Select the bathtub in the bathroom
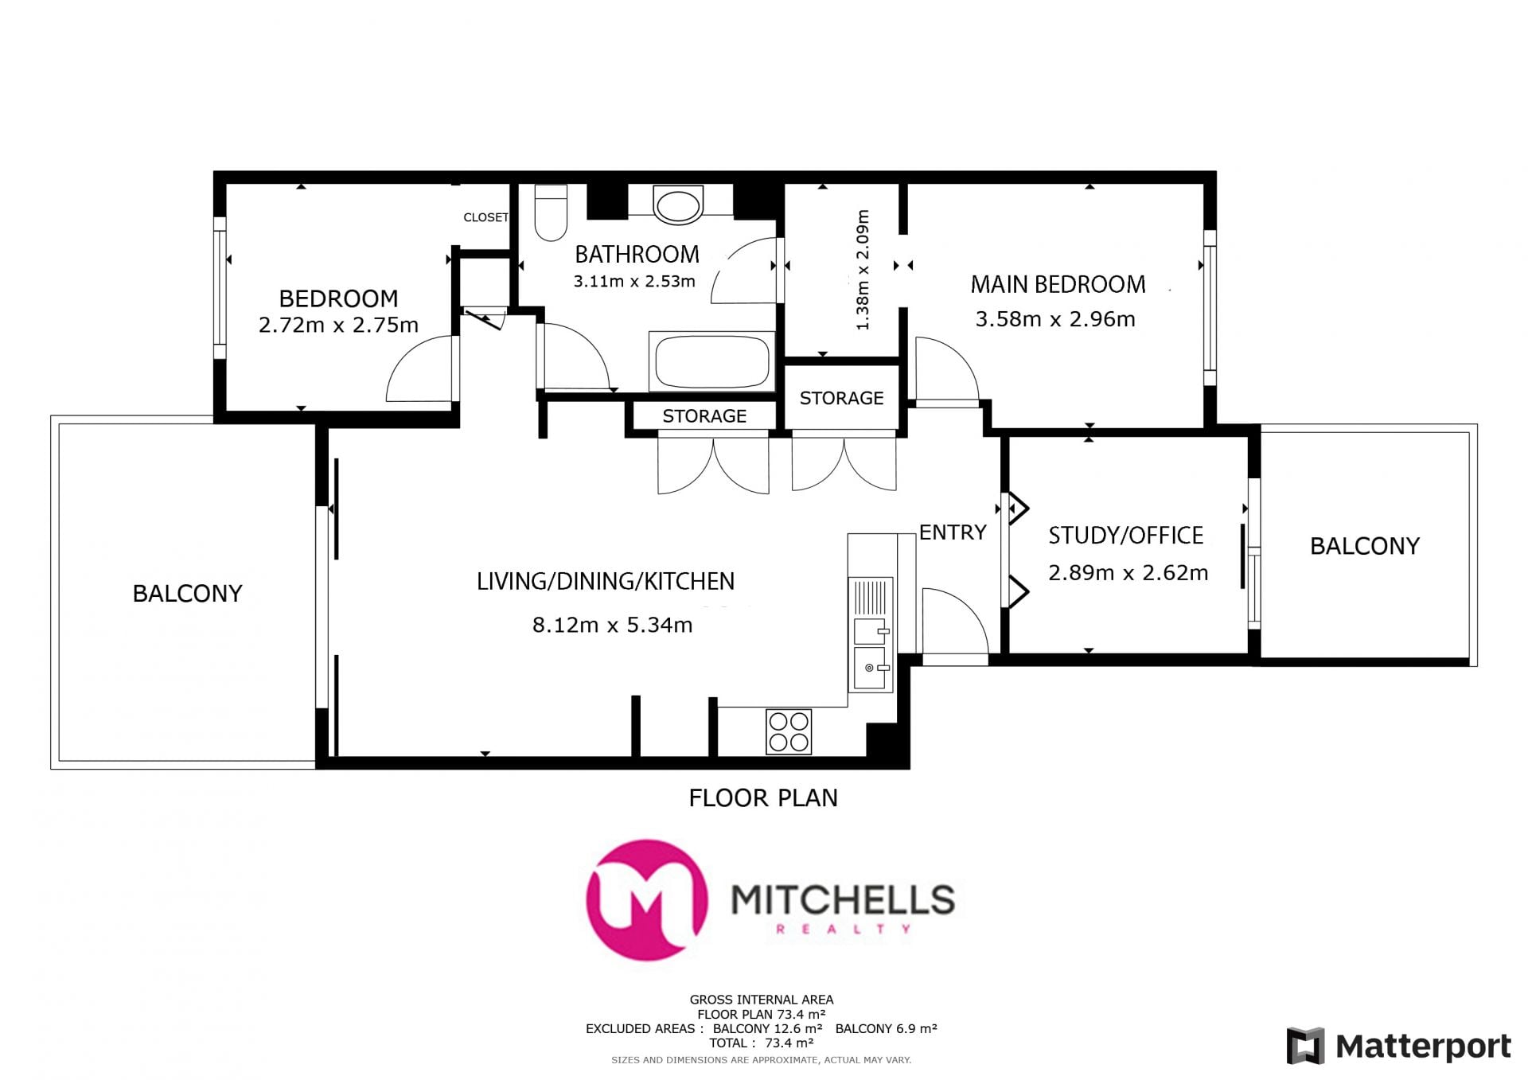[x=711, y=361]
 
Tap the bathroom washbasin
[x=679, y=204]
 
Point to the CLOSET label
[x=485, y=217]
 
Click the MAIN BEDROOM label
[x=1058, y=284]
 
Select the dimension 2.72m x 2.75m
[x=338, y=325]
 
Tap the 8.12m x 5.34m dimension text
[x=612, y=625]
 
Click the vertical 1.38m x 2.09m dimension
[x=863, y=270]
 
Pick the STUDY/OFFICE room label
[x=1125, y=536]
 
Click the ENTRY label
[x=953, y=532]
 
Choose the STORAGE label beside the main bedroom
[x=841, y=398]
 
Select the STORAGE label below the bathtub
[x=704, y=416]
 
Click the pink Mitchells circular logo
[x=646, y=900]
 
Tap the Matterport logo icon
[x=1306, y=1046]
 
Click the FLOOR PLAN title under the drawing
[x=763, y=797]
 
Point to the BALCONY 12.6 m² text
[x=767, y=1028]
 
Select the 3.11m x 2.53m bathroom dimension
[x=634, y=281]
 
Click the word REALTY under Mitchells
[x=843, y=929]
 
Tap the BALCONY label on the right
[x=1365, y=546]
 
